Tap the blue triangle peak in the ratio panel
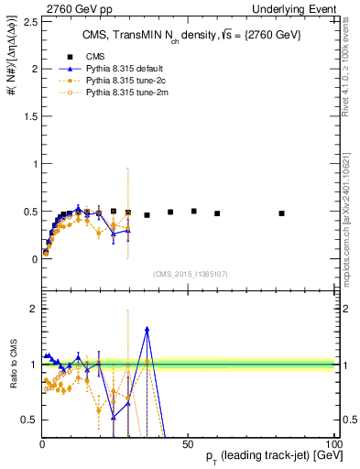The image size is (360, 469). (147, 329)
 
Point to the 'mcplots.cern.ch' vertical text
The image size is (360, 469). (351, 220)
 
